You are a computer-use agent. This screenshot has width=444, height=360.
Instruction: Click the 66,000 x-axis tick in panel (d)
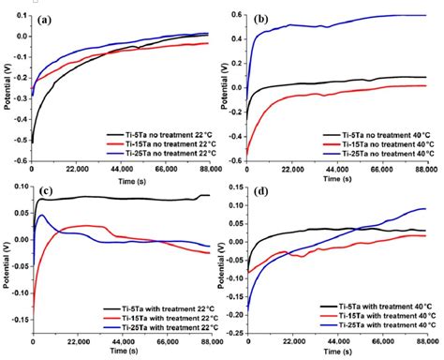(x=385, y=345)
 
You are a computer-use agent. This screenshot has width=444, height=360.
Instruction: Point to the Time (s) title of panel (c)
(x=126, y=355)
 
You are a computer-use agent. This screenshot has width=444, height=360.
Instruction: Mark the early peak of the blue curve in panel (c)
(x=40, y=216)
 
